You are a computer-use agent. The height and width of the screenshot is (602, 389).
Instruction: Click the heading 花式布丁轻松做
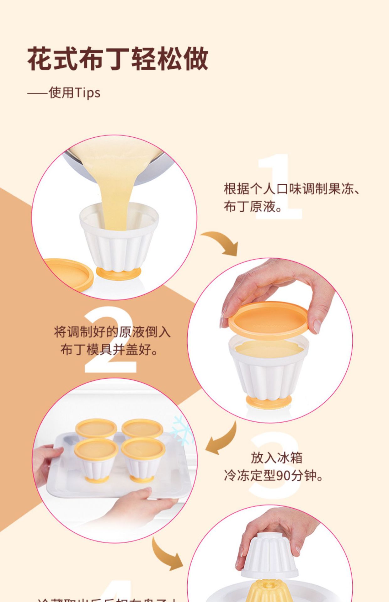(x=118, y=59)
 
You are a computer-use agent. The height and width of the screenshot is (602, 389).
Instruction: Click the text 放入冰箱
(x=276, y=458)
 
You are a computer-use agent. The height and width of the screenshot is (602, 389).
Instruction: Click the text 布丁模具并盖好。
(x=109, y=350)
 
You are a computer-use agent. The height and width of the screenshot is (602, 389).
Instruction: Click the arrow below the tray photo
(x=166, y=555)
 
